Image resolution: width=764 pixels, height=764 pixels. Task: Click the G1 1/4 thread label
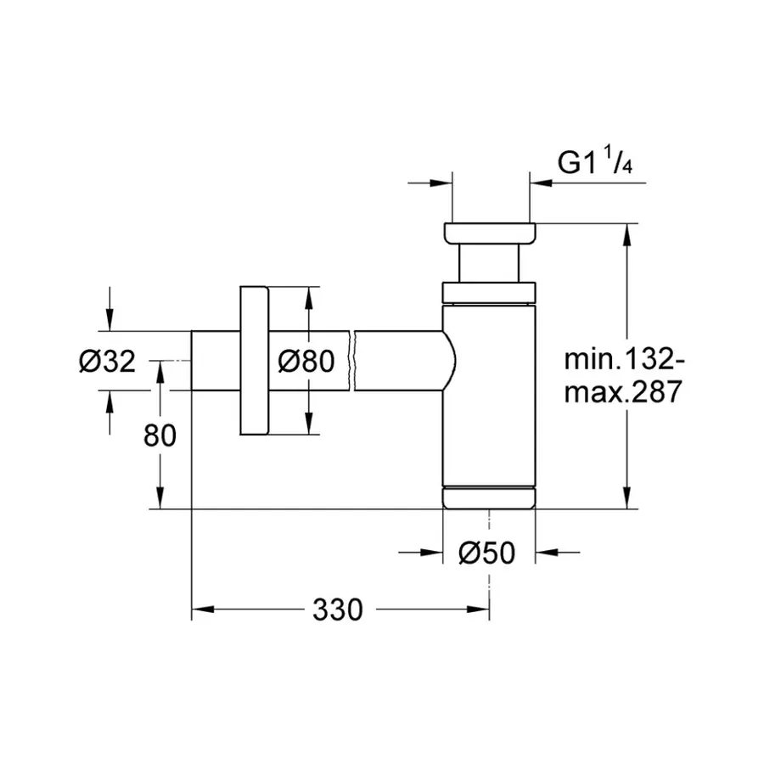[594, 162]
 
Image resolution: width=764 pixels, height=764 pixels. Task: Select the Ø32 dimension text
[106, 362]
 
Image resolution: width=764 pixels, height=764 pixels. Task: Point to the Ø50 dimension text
[486, 553]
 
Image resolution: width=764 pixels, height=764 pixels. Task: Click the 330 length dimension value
[337, 610]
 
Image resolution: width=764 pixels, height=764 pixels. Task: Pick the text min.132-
[624, 359]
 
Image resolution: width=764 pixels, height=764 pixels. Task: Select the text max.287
[624, 393]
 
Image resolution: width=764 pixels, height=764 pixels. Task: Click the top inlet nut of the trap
[489, 233]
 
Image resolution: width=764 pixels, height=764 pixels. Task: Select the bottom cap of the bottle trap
[489, 497]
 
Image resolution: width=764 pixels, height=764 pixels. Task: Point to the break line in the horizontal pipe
[352, 361]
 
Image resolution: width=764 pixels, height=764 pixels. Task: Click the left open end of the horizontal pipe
[192, 361]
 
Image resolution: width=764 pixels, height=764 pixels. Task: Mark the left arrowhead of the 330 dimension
[200, 610]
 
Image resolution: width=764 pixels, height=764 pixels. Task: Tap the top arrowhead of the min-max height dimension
[627, 233]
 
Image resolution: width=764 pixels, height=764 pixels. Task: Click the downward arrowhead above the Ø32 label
[109, 322]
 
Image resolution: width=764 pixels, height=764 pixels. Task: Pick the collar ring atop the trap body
[489, 292]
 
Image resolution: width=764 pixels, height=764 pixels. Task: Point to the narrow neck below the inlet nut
[489, 263]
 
